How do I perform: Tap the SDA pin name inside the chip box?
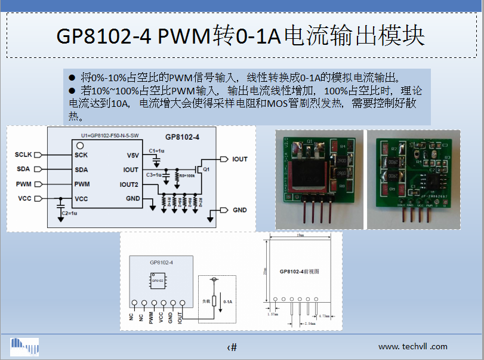[x=82, y=170]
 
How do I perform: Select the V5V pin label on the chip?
[x=132, y=155]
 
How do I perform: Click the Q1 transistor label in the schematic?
[x=206, y=170]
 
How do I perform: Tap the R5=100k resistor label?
[x=186, y=176]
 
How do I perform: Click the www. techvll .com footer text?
[x=412, y=346]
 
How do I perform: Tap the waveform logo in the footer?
[x=24, y=346]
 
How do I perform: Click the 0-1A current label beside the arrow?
[x=227, y=302]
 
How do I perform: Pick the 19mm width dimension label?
[x=300, y=236]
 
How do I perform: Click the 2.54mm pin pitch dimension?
[x=312, y=323]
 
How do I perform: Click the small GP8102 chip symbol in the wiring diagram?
[x=158, y=280]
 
